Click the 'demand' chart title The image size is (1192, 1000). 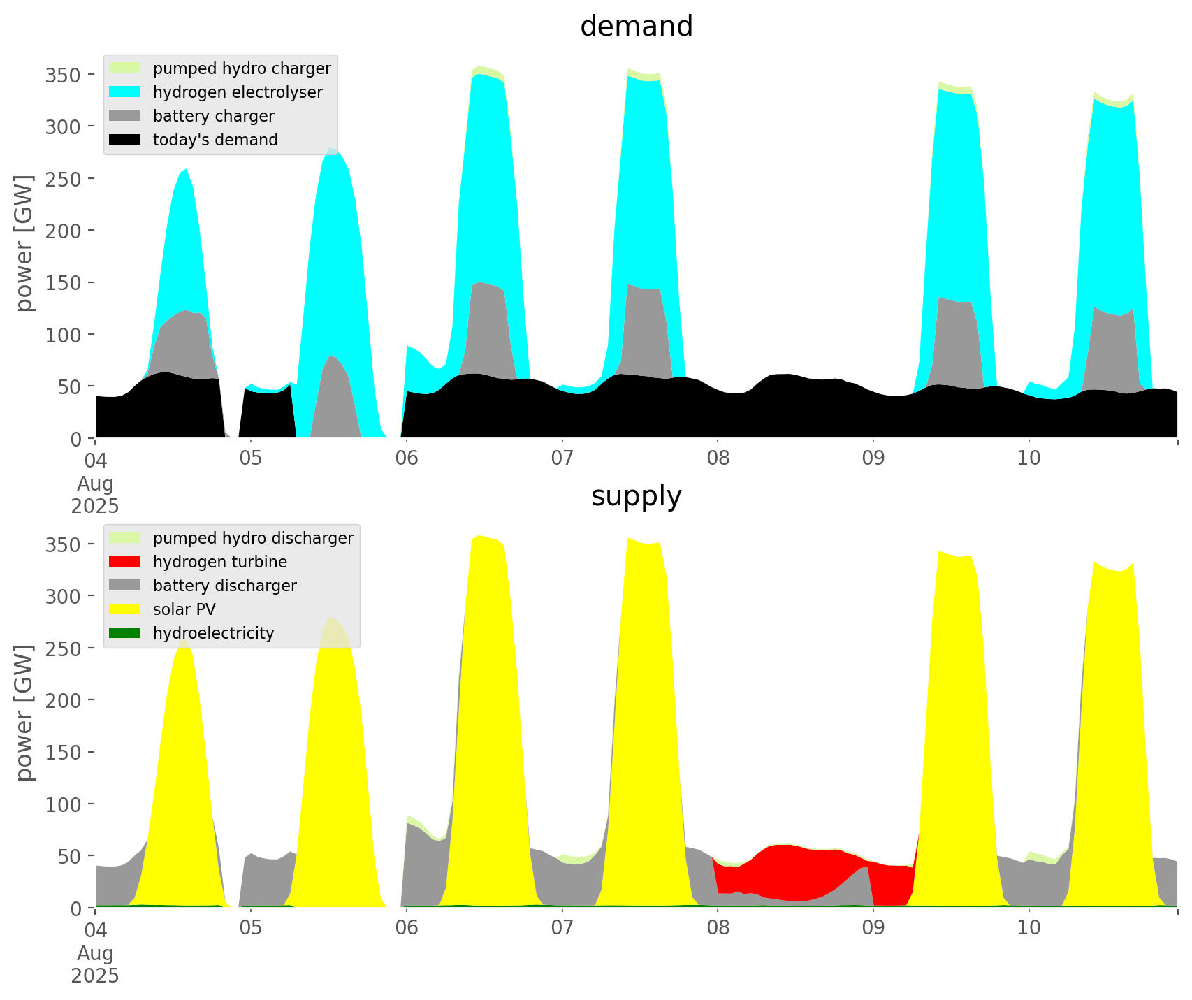pyautogui.click(x=636, y=27)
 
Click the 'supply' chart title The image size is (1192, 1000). pyautogui.click(x=636, y=496)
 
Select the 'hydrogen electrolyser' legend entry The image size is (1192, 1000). pyautogui.click(x=238, y=92)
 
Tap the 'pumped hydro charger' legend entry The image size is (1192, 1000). pyautogui.click(x=242, y=68)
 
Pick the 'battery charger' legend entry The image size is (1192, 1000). pyautogui.click(x=214, y=116)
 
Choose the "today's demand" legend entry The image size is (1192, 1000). pyautogui.click(x=215, y=140)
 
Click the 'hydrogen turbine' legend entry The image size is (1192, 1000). pyautogui.click(x=220, y=562)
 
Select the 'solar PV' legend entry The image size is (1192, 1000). pyautogui.click(x=184, y=609)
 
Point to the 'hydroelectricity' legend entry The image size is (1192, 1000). pyautogui.click(x=214, y=633)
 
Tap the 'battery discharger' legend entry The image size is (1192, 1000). pyautogui.click(x=225, y=586)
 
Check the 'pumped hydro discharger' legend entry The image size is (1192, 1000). pyautogui.click(x=253, y=538)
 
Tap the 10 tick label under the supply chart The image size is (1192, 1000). pyautogui.click(x=1029, y=928)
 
